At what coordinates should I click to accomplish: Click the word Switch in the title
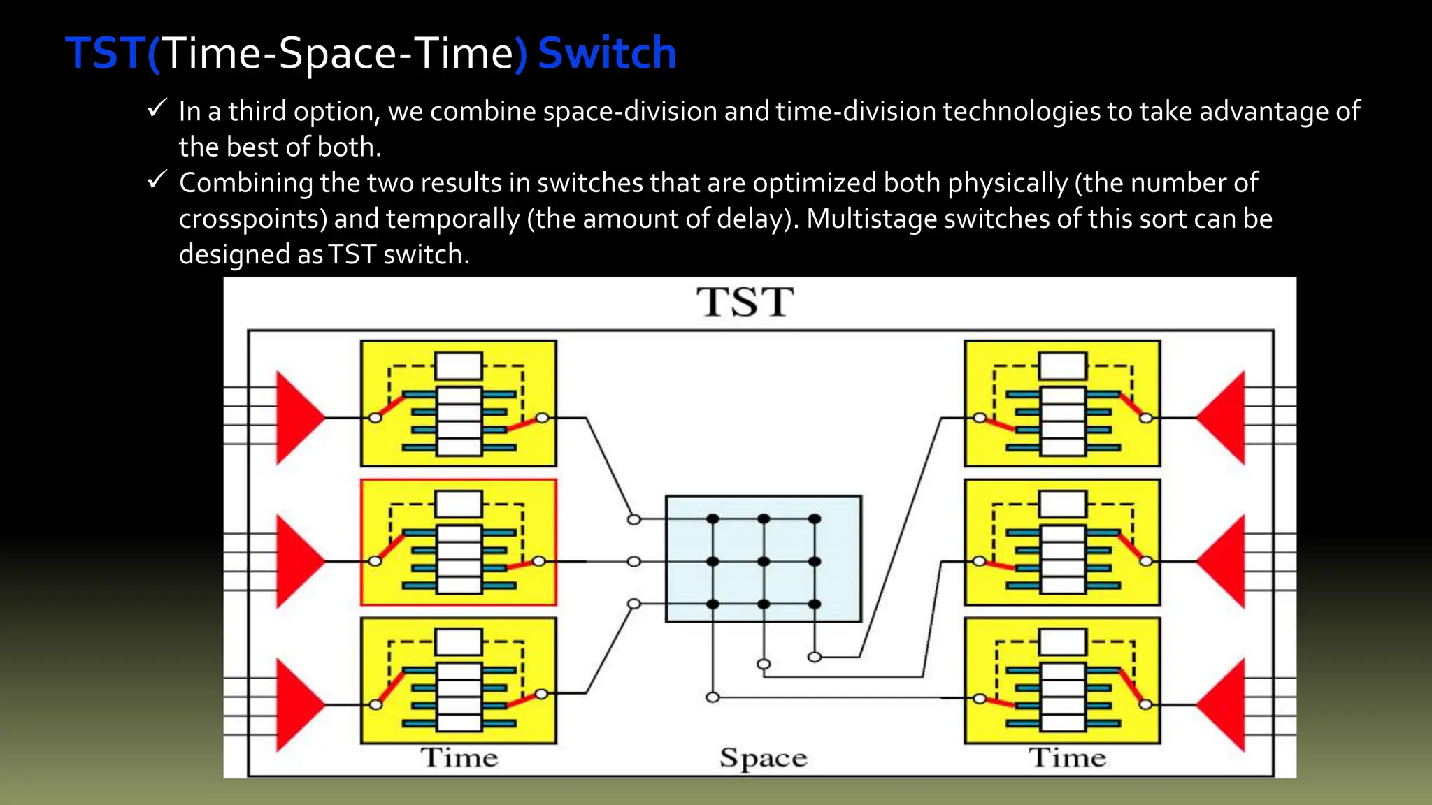click(607, 53)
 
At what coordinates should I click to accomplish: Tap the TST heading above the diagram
click(745, 302)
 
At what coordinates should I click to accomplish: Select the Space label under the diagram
click(763, 758)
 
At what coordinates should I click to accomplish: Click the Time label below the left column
click(459, 758)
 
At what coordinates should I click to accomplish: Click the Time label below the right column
click(1067, 758)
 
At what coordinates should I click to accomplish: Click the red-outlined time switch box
click(458, 542)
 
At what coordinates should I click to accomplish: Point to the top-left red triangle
click(296, 418)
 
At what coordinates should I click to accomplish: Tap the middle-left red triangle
click(296, 561)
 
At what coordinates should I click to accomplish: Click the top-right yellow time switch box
click(1062, 403)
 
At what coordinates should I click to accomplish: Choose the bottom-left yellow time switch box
click(458, 680)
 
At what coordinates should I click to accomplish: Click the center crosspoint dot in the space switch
click(764, 561)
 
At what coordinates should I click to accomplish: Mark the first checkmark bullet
click(157, 108)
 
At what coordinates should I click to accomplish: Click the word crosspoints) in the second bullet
click(253, 219)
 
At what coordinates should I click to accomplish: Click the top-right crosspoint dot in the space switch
click(815, 519)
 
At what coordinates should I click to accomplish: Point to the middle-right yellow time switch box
click(1062, 542)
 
